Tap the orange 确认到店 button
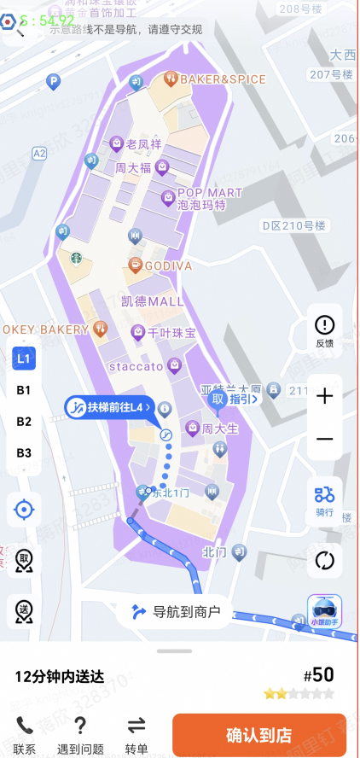(258, 734)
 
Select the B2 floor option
(24, 422)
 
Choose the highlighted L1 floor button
(24, 359)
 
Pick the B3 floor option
(24, 452)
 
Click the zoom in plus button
(324, 396)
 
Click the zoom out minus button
(324, 439)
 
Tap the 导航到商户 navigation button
(176, 611)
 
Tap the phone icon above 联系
(24, 726)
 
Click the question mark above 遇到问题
(79, 726)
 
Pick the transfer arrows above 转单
(136, 726)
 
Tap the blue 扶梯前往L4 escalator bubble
(108, 407)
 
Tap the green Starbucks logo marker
(76, 255)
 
